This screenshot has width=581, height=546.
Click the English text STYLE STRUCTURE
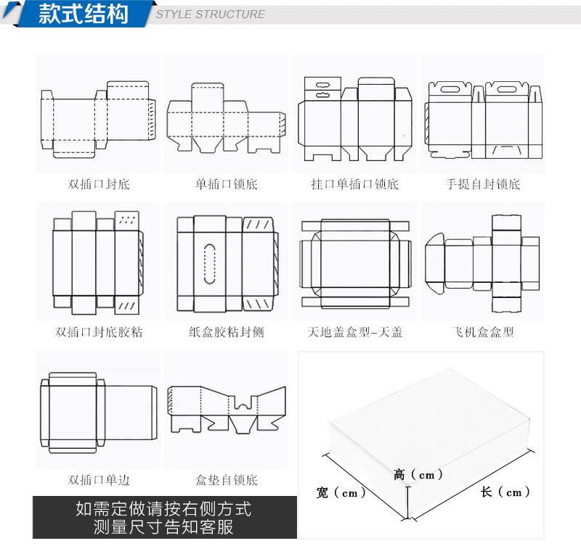(211, 15)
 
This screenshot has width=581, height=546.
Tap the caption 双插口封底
(99, 184)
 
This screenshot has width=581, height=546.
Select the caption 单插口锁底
(227, 184)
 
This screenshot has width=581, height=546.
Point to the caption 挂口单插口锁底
(354, 184)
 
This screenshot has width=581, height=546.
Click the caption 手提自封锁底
(483, 184)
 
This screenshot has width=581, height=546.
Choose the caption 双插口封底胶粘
(99, 333)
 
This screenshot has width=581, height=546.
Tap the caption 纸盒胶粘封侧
(227, 333)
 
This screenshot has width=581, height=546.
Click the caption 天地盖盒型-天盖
(354, 333)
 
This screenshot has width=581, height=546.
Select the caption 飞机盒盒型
(483, 333)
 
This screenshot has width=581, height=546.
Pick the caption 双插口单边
(99, 480)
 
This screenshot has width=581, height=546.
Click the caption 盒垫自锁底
(227, 480)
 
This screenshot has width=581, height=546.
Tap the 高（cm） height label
(418, 475)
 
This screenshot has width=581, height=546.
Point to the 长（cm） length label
(505, 492)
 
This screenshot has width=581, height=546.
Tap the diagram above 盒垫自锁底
(227, 410)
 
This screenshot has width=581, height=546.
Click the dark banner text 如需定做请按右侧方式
(164, 509)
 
